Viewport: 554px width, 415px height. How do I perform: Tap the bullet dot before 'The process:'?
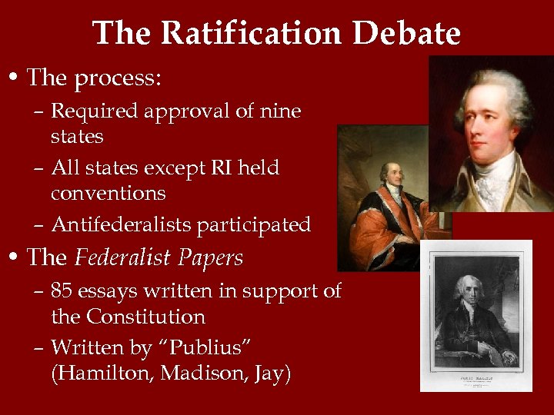pyautogui.click(x=15, y=78)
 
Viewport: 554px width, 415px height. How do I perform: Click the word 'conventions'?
pyautogui.click(x=108, y=193)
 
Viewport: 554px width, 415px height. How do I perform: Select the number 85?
pyautogui.click(x=62, y=291)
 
